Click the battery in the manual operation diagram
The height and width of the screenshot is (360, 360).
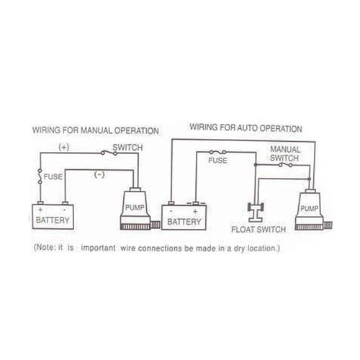[53, 216]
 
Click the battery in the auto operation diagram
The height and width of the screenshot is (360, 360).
[184, 217]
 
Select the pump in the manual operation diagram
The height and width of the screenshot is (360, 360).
[137, 208]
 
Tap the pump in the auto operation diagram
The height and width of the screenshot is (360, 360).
[311, 210]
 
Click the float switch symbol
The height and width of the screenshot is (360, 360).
[256, 212]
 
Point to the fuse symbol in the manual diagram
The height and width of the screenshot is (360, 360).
[40, 176]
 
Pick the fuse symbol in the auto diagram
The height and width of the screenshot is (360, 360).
[217, 152]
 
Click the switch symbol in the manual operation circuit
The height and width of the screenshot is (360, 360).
[109, 153]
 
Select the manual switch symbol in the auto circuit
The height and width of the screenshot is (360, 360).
[285, 165]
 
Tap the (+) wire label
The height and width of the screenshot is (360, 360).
[64, 147]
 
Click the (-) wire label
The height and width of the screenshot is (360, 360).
[99, 174]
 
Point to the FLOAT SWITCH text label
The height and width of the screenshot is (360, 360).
[258, 230]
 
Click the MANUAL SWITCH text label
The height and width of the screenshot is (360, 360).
[285, 153]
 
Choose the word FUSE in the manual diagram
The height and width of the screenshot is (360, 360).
[53, 177]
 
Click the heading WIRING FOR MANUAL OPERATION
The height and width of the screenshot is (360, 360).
[96, 130]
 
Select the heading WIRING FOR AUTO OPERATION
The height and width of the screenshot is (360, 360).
[246, 128]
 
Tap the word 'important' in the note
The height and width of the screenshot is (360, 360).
[99, 248]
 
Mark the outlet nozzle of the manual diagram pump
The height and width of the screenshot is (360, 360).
[155, 225]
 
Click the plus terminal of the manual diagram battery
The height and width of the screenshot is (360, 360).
[40, 203]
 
